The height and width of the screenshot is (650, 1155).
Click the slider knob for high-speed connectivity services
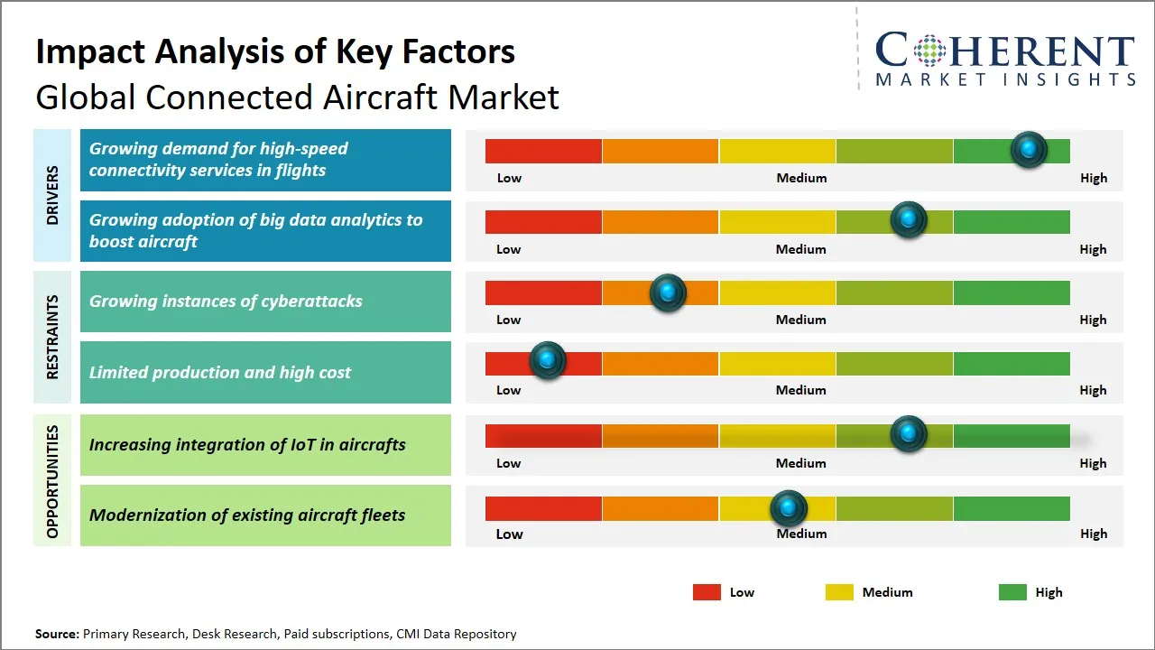tap(1029, 150)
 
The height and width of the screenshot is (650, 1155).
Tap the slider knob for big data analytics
tap(909, 220)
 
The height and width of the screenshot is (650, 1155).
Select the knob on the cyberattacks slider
tap(668, 292)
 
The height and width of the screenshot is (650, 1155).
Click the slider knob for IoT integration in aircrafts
tap(909, 434)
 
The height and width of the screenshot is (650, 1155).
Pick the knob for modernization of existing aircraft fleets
tap(789, 509)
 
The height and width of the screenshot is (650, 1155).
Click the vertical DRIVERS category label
tap(52, 195)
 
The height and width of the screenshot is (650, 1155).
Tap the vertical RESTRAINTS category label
tap(52, 337)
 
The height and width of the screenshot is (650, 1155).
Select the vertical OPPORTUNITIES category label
tap(52, 481)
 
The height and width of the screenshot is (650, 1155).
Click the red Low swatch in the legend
tap(707, 592)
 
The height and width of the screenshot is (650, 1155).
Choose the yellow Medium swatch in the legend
tap(839, 592)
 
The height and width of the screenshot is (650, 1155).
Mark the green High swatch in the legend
tap(1012, 592)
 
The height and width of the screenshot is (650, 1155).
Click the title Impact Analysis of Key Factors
tap(275, 51)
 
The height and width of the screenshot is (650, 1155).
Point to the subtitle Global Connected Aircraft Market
tap(297, 97)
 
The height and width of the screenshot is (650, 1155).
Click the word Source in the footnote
tap(57, 634)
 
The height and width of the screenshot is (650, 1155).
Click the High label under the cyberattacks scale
tap(1093, 320)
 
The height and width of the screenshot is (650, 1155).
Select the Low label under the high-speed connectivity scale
tap(509, 178)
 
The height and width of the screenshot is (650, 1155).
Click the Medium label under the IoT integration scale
tap(800, 463)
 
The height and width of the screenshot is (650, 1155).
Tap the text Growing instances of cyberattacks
tap(226, 302)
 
